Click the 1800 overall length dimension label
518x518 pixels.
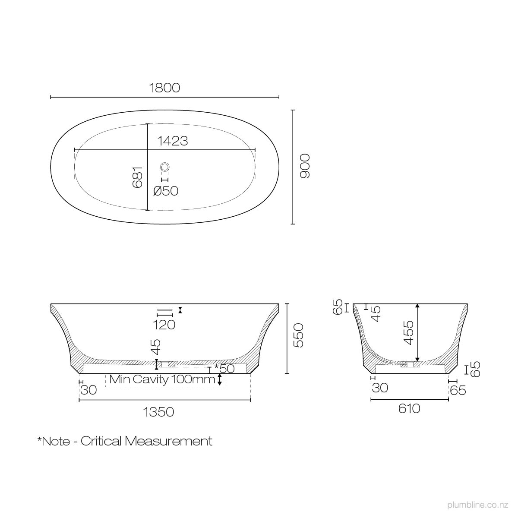[164, 88]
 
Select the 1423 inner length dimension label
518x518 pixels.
[172, 141]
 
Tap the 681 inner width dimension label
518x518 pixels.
[137, 177]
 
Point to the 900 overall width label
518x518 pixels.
[305, 166]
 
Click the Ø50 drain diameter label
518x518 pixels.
[166, 191]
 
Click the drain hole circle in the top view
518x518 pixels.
[165, 166]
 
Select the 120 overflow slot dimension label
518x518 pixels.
[164, 325]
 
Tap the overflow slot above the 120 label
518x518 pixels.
[164, 310]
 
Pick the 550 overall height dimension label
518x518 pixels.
[298, 335]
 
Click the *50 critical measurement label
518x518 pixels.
[224, 369]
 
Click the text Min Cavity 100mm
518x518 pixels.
[162, 379]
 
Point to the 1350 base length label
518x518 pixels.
[158, 412]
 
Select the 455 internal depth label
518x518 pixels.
[408, 332]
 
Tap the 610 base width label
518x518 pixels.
[409, 408]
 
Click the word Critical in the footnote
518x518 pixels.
[101, 441]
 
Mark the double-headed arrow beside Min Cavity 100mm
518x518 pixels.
[220, 380]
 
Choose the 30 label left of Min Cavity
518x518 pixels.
[88, 390]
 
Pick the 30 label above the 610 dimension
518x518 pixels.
[380, 388]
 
